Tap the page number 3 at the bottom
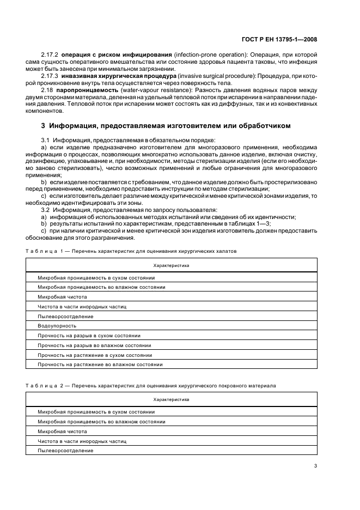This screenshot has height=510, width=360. coord(315,465)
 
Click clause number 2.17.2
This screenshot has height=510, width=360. coord(51,56)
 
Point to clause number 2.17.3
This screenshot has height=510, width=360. coord(51,76)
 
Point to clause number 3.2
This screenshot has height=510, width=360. coord(46,209)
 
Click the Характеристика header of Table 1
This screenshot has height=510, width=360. coord(171,265)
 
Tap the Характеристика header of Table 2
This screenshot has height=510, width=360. coord(171,400)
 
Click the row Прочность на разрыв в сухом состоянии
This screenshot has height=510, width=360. coord(89,336)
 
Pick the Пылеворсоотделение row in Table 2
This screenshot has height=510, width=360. coord(65,451)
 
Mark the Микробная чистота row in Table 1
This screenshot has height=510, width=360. coord(62,297)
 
